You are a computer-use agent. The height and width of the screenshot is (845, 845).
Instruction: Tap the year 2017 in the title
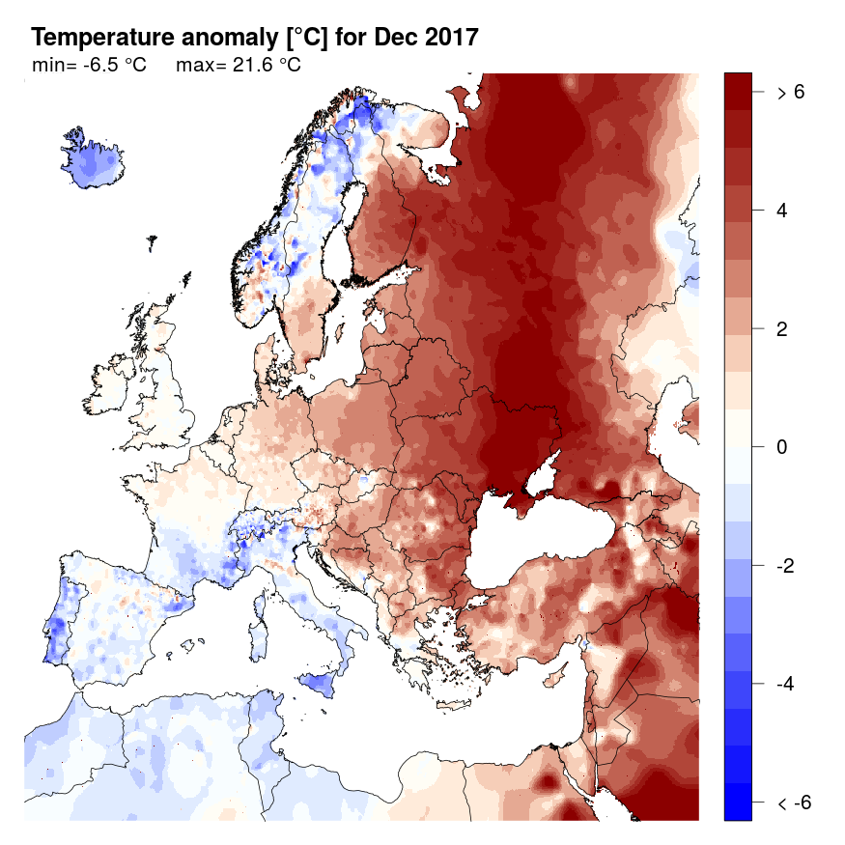click(445, 38)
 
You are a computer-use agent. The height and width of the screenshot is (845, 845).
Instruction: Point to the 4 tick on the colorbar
click(782, 211)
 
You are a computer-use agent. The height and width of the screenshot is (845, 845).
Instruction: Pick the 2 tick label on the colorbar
click(782, 329)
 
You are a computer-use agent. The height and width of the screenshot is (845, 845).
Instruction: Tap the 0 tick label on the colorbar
click(782, 447)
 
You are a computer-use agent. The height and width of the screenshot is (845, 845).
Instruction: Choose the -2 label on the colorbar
click(786, 566)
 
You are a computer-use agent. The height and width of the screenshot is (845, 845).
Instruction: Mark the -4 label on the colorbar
click(786, 684)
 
